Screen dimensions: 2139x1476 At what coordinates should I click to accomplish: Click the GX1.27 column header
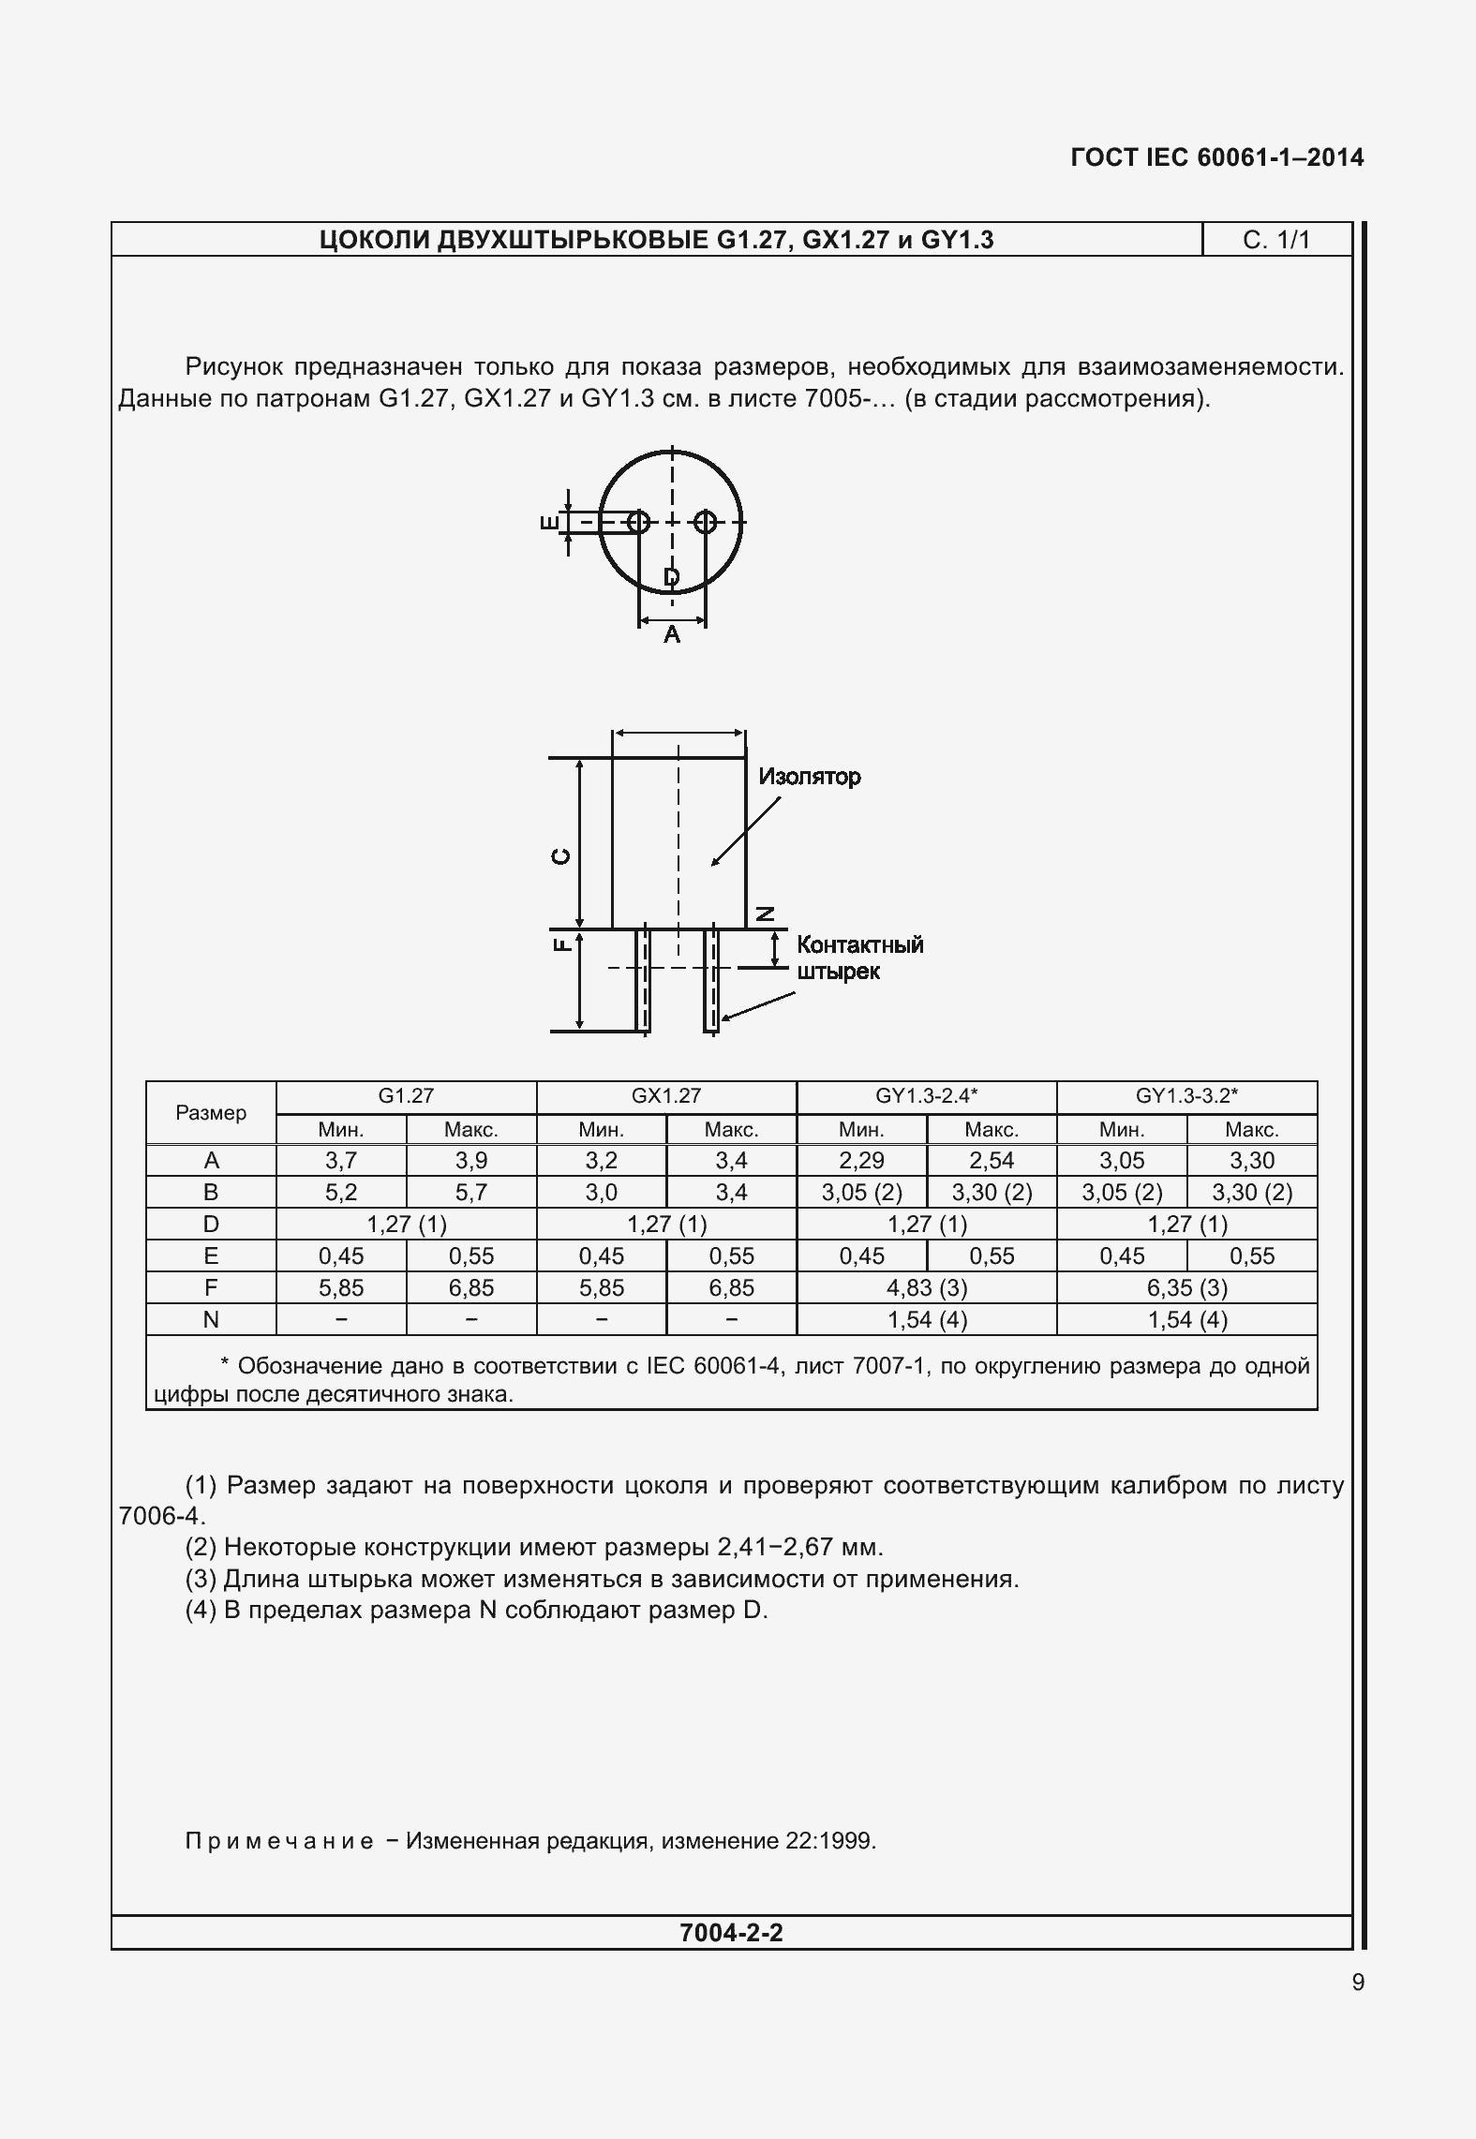[x=665, y=1095]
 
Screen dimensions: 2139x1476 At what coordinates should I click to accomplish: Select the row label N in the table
[x=211, y=1319]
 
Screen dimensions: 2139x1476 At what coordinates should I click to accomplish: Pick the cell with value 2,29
[x=861, y=1160]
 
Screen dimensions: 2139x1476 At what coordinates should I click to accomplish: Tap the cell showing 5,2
[x=341, y=1192]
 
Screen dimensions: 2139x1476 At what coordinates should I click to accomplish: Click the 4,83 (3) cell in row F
[x=926, y=1287]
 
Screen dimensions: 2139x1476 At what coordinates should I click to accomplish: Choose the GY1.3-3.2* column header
[x=1186, y=1095]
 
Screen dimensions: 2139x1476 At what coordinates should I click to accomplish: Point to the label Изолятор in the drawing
[x=809, y=777]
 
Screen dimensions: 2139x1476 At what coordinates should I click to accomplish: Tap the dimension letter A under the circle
[x=672, y=635]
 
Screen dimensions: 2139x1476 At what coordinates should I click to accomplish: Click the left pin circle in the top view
[x=638, y=522]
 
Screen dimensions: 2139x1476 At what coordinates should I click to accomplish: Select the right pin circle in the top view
[x=707, y=522]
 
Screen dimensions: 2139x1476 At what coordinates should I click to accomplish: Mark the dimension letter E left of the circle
[x=550, y=522]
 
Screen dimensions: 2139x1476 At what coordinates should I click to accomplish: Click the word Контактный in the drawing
[x=859, y=944]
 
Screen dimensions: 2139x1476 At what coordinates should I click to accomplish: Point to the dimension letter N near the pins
[x=766, y=914]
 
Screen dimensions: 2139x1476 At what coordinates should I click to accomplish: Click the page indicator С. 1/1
[x=1275, y=240]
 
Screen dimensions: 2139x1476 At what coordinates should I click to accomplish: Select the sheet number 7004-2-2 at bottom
[x=731, y=1932]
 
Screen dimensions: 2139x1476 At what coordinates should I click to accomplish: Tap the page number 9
[x=1358, y=1983]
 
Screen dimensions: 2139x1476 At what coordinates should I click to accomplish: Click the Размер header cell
[x=211, y=1112]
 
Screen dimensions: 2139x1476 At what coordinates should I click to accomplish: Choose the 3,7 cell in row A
[x=341, y=1160]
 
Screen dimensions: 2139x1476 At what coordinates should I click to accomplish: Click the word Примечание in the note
[x=279, y=1841]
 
